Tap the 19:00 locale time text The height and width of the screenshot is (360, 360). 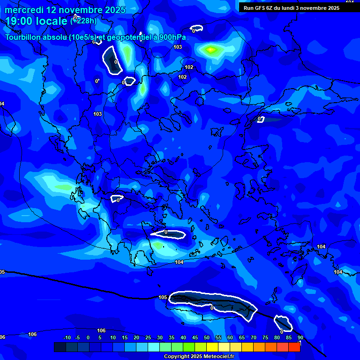coord(37,21)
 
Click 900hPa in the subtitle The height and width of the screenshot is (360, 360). coord(173,37)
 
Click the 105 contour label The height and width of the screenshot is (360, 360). coord(163,298)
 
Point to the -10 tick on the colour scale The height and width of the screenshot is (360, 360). coord(67,338)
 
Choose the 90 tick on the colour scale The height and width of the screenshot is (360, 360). coord(300,338)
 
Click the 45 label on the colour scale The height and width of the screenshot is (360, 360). coord(195,338)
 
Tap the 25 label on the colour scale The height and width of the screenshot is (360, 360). coord(148,338)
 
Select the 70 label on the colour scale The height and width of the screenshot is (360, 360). coord(253,338)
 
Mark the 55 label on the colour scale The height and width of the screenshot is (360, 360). coord(218,338)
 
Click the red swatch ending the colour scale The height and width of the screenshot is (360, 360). coord(294,347)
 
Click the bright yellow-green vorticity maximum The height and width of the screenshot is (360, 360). coord(210,49)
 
